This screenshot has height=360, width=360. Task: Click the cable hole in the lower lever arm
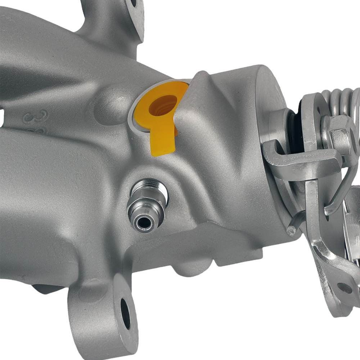345,287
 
